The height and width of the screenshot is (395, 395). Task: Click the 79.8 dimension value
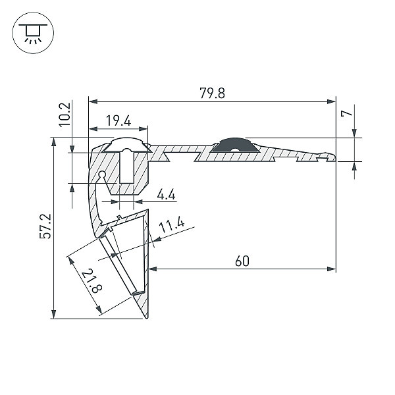pos(212,93)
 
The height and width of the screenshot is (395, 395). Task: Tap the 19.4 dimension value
pos(118,120)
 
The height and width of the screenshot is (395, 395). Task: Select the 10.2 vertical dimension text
pos(65,115)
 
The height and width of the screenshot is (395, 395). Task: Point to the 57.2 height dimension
pos(45,226)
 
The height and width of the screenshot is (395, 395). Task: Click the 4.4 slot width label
pos(167,194)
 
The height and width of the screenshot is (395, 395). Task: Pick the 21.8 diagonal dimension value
pos(92,281)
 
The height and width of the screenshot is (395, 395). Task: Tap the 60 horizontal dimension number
pos(242,261)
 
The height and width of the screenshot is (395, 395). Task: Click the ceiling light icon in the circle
pos(33,33)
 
